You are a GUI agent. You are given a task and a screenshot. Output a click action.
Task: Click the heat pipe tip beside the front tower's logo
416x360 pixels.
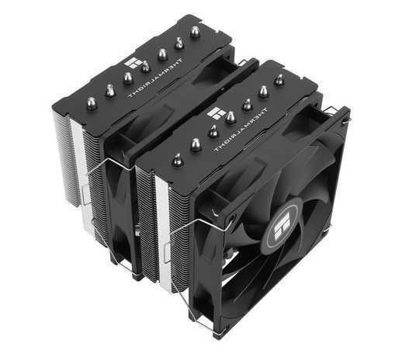tap(231, 117)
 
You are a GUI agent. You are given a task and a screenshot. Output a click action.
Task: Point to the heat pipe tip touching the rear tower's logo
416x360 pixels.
tap(145, 66)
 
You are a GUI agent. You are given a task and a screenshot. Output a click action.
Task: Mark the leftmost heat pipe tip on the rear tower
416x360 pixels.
tap(92, 103)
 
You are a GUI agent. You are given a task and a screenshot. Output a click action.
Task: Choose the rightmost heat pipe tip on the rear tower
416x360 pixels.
tap(195, 32)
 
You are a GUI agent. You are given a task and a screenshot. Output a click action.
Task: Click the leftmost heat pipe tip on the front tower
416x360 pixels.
tap(178, 160)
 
